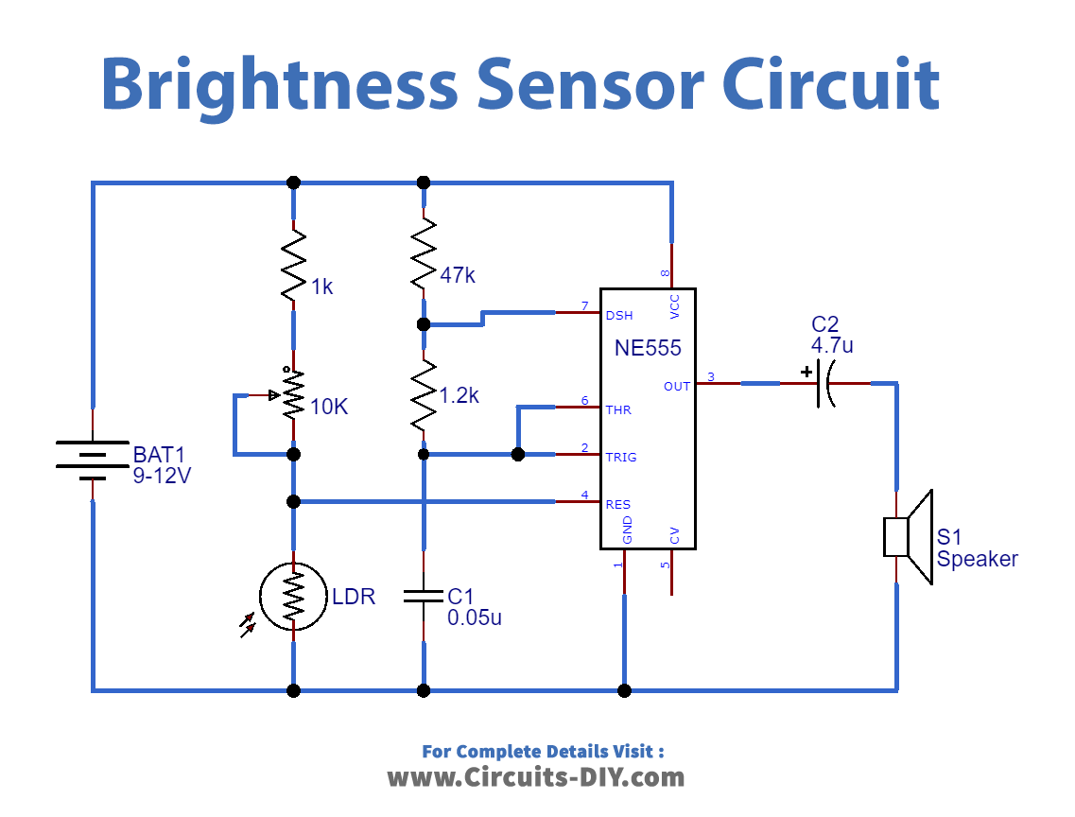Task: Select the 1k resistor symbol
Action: pyautogui.click(x=294, y=266)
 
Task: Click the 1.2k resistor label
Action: pyautogui.click(x=459, y=396)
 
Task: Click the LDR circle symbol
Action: pyautogui.click(x=294, y=596)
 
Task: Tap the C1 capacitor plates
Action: pyautogui.click(x=424, y=596)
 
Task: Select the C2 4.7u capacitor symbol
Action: pyautogui.click(x=822, y=383)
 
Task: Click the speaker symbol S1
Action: pyautogui.click(x=909, y=536)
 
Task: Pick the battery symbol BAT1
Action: pyautogui.click(x=92, y=460)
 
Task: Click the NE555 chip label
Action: pyautogui.click(x=648, y=348)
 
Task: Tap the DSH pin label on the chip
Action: pyautogui.click(x=620, y=316)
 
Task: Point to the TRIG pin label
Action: pyautogui.click(x=621, y=457)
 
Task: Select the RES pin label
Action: pyautogui.click(x=618, y=504)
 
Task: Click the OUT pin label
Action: pyautogui.click(x=677, y=386)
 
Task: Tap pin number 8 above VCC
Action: pyautogui.click(x=665, y=274)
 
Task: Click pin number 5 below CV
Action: pyautogui.click(x=665, y=565)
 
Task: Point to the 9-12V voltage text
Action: pyautogui.click(x=162, y=477)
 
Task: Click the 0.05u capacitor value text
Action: pyautogui.click(x=474, y=618)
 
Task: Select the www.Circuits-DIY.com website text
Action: pyautogui.click(x=536, y=777)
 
